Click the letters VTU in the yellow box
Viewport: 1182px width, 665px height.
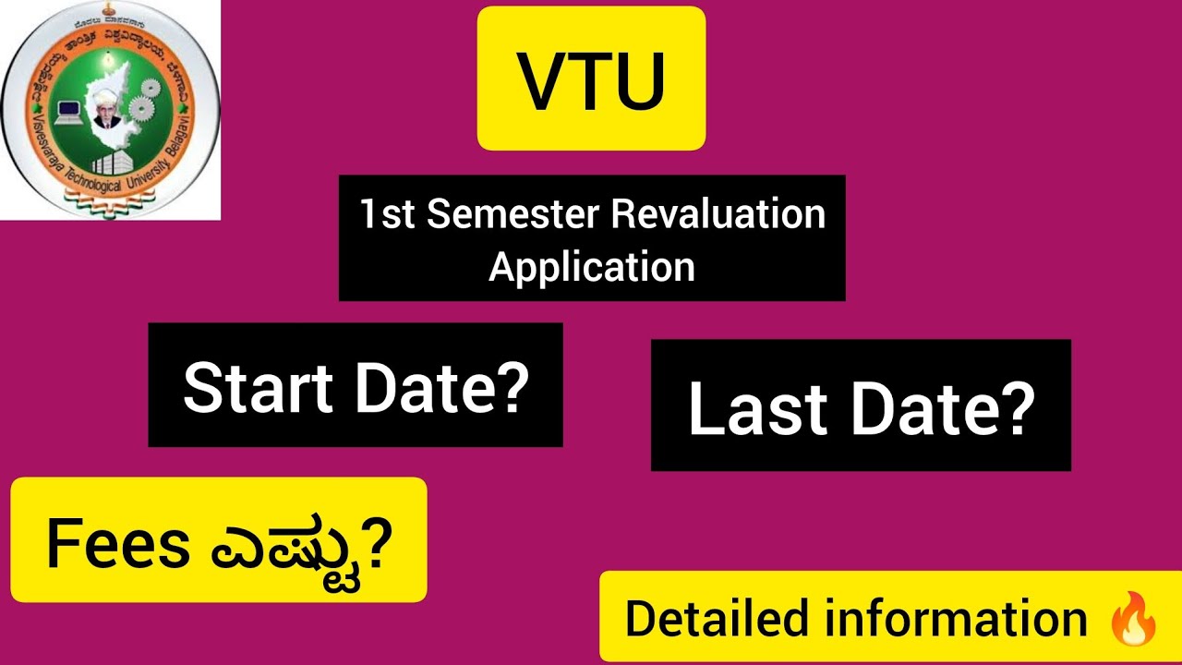pyautogui.click(x=591, y=81)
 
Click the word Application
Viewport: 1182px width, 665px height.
pyautogui.click(x=592, y=267)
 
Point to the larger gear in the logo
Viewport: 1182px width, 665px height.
pyautogui.click(x=142, y=108)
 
